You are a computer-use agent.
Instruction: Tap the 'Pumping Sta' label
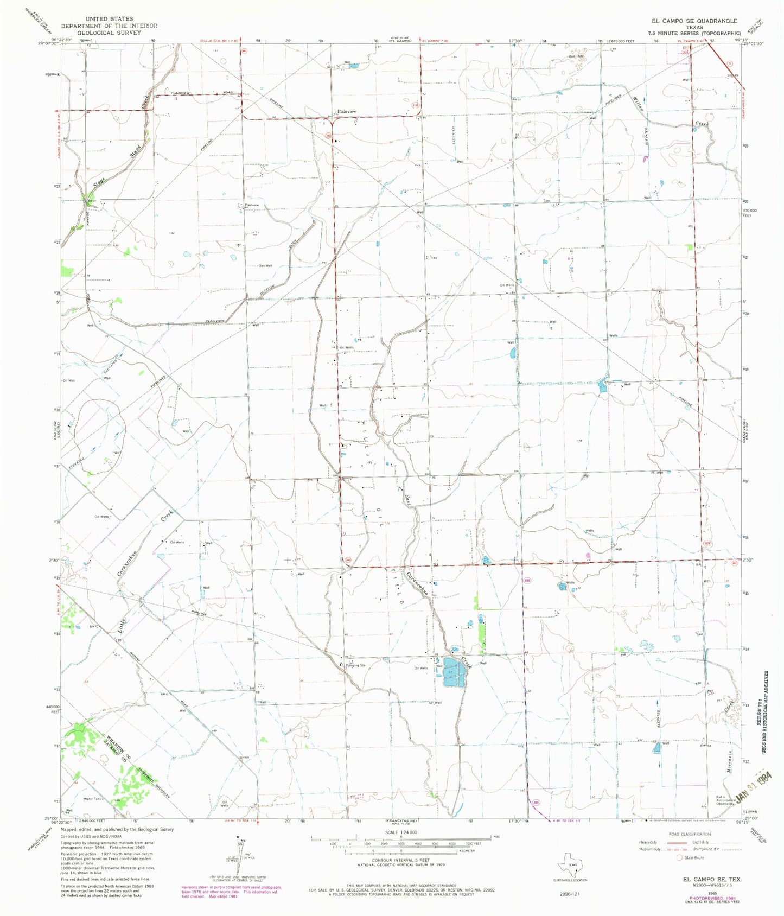pos(355,665)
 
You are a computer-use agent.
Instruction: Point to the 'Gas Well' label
pos(265,266)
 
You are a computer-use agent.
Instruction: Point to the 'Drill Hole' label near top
pos(576,56)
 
